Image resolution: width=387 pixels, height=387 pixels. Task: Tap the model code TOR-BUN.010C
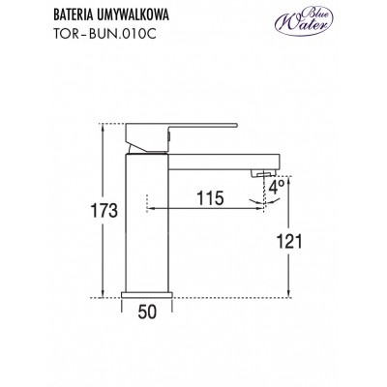coord(104,34)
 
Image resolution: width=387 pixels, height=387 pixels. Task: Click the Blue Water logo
coord(303,20)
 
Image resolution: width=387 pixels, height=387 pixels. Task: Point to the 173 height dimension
coord(104,211)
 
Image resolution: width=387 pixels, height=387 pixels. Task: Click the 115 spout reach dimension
coord(210,198)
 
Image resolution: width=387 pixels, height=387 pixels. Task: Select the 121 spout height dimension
coord(289,241)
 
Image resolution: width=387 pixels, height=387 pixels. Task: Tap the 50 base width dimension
coord(147,313)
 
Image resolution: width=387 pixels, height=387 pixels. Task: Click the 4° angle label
coord(277,188)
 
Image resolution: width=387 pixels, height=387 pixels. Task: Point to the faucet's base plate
coord(147,295)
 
